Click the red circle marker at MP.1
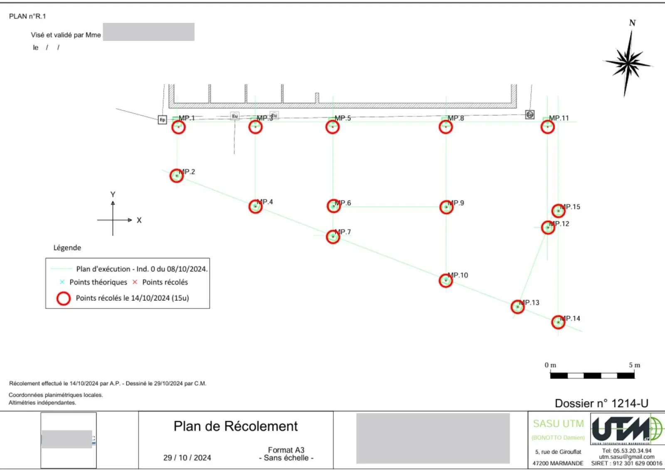point(179,127)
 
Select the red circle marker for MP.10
point(446,281)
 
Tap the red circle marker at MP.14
point(558,322)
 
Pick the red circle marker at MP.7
point(333,237)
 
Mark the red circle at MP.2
point(177,176)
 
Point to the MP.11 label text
point(559,118)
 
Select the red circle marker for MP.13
point(517,307)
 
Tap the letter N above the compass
point(632,23)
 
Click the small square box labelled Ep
point(163,120)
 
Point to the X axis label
point(139,220)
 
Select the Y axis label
point(113,194)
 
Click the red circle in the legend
point(64,298)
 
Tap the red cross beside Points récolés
point(135,282)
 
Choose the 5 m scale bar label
point(634,365)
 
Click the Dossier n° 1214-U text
point(601,403)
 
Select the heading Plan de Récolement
point(236,426)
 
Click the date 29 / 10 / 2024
point(187,458)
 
